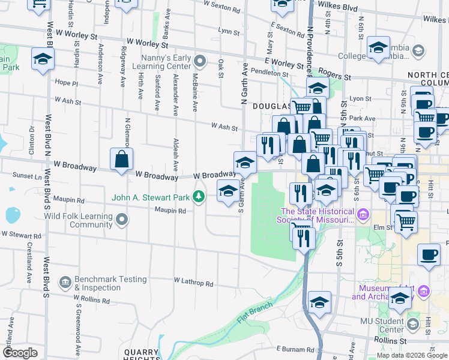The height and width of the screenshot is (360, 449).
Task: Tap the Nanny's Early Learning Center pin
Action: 200,61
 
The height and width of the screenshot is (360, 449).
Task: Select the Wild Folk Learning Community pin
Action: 122,220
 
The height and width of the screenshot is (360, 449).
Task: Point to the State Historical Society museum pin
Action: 363,214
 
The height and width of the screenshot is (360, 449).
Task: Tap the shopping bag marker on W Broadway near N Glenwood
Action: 121,160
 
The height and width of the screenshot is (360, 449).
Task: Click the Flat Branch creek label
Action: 255,311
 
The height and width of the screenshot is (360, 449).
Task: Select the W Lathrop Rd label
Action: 193,281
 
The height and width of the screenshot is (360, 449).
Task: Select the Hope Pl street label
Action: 66,83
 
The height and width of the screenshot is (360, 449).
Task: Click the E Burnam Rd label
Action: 295,349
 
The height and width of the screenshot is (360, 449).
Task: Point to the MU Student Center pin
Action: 412,325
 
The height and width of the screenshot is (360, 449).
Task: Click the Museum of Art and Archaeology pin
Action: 423,292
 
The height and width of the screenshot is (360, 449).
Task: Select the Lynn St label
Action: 229,31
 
